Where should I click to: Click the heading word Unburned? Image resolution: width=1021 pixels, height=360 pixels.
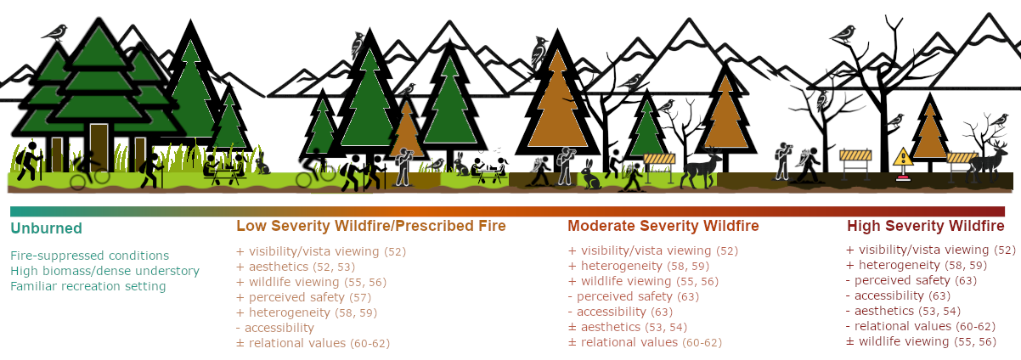coord(46,228)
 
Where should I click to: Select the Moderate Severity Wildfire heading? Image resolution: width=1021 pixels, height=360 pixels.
coord(663,226)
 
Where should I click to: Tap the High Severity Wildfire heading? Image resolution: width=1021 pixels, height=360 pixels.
coord(925,226)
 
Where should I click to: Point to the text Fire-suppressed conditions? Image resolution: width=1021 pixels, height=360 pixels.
coord(89,256)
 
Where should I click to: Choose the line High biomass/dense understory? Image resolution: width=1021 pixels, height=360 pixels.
coord(104,271)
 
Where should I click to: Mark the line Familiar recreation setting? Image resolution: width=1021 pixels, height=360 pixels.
coord(88,286)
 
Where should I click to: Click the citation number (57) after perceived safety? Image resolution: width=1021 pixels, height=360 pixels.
coord(360,297)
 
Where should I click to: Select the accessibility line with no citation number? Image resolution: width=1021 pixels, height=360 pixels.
coord(275,328)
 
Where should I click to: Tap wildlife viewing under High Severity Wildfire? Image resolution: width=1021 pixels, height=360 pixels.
coord(921,341)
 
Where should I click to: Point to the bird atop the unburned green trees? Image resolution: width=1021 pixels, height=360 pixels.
coord(54,33)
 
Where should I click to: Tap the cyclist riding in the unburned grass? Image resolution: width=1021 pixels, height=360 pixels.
coord(89,170)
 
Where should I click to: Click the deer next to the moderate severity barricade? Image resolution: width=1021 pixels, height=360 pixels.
coord(700,166)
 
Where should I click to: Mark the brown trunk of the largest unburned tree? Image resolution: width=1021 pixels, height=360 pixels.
coord(99,146)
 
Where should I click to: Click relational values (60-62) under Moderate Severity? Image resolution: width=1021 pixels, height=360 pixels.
coord(645,342)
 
